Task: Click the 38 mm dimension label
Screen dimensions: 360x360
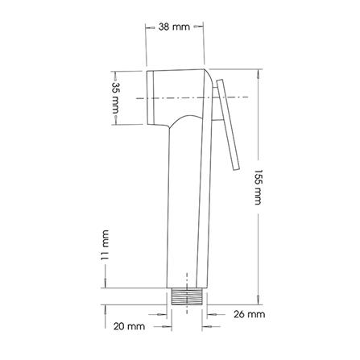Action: click(x=174, y=27)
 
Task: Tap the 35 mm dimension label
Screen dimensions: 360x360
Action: click(x=115, y=98)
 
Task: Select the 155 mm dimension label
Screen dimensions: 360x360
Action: click(x=258, y=187)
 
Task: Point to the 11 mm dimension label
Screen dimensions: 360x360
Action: click(x=105, y=245)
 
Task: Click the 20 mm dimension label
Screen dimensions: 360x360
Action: click(x=129, y=326)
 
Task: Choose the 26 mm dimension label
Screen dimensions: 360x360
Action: click(x=249, y=314)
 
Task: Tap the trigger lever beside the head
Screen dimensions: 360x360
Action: click(x=228, y=125)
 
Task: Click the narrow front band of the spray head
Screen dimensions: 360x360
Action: click(x=151, y=97)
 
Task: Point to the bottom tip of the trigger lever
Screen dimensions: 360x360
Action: click(x=236, y=169)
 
